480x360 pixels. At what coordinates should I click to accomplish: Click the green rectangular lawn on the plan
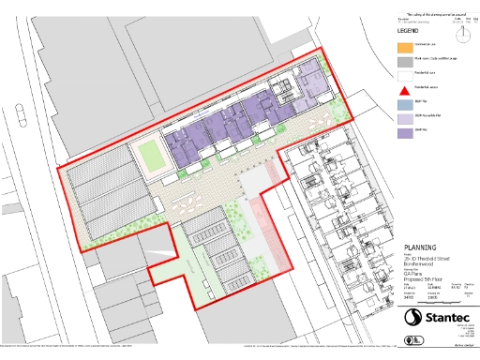coord(150,154)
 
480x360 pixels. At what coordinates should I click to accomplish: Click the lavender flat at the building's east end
coord(308,81)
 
